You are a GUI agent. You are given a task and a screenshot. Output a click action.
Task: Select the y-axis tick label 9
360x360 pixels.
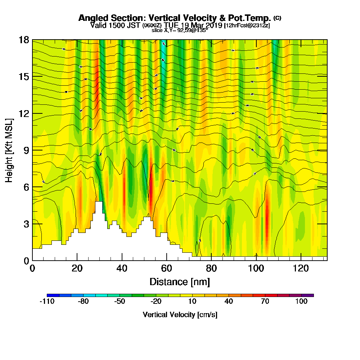26,150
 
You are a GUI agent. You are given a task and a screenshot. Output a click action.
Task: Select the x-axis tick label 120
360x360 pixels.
301,269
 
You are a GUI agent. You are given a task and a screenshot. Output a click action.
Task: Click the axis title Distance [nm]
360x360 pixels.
180,281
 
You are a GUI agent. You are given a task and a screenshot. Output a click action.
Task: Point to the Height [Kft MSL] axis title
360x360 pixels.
9,150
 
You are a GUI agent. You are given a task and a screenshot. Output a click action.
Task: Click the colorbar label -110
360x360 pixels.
47,302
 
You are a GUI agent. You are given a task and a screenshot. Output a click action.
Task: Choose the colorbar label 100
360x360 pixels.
301,302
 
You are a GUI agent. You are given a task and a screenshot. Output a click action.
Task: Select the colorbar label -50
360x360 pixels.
120,302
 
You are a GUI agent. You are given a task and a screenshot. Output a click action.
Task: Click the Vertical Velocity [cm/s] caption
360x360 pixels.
180,315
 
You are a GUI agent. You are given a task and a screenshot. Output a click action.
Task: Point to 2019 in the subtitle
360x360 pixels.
215,25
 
